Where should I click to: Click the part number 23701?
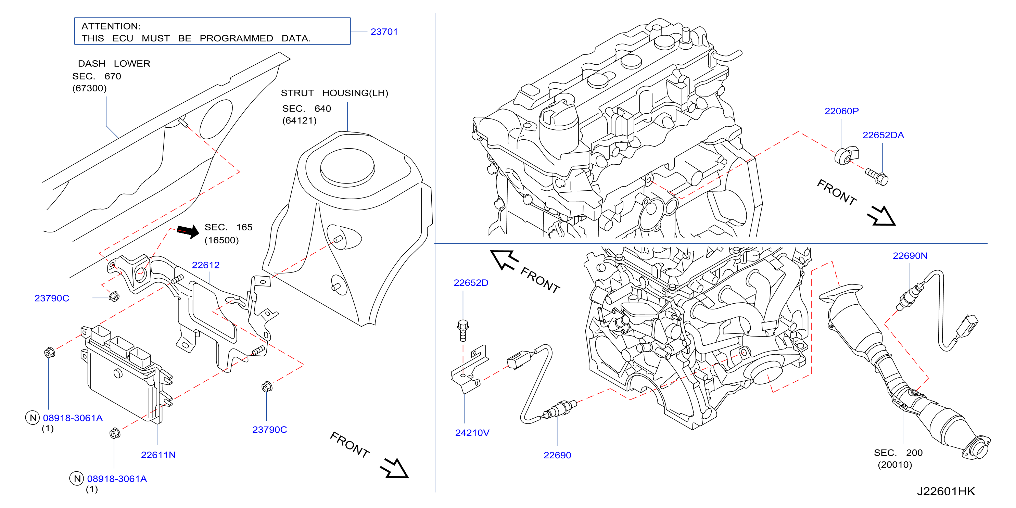point(384,31)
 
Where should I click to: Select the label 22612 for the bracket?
point(205,265)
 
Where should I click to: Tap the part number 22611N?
point(158,455)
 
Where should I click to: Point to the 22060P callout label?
point(841,111)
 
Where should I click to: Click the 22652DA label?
point(883,135)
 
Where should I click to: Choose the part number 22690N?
point(910,256)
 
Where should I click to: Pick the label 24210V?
point(472,433)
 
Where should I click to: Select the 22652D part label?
point(471,283)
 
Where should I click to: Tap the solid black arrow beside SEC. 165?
point(188,231)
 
